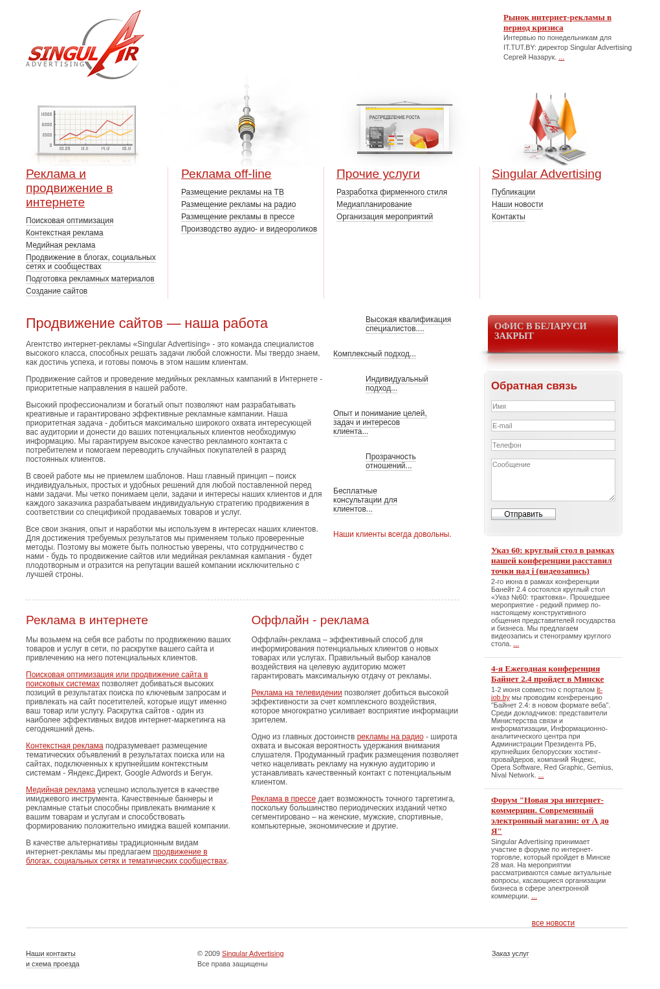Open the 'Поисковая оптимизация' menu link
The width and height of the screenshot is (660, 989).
[x=70, y=221]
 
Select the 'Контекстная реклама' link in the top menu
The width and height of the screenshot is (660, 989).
[x=65, y=233]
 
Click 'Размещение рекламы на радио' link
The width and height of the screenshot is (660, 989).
[x=238, y=204]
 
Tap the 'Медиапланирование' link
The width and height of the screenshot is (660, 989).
[x=374, y=204]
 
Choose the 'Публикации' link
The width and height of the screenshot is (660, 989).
[x=513, y=192]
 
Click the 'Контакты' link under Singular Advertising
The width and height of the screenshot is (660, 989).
[x=509, y=217]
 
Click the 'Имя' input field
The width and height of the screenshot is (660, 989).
[x=553, y=406]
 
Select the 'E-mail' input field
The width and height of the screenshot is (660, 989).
[x=553, y=426]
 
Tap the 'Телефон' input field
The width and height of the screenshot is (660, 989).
[x=553, y=445]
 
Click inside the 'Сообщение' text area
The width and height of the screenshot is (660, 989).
[x=553, y=479]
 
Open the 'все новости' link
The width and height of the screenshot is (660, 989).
[x=553, y=923]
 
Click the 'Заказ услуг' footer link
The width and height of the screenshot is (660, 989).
[x=510, y=953]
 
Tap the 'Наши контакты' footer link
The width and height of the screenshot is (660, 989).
[x=50, y=953]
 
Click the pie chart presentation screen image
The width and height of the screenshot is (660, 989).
[x=404, y=129]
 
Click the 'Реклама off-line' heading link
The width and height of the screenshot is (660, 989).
[x=226, y=174]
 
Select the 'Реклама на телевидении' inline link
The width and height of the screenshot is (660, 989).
[x=296, y=693]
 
